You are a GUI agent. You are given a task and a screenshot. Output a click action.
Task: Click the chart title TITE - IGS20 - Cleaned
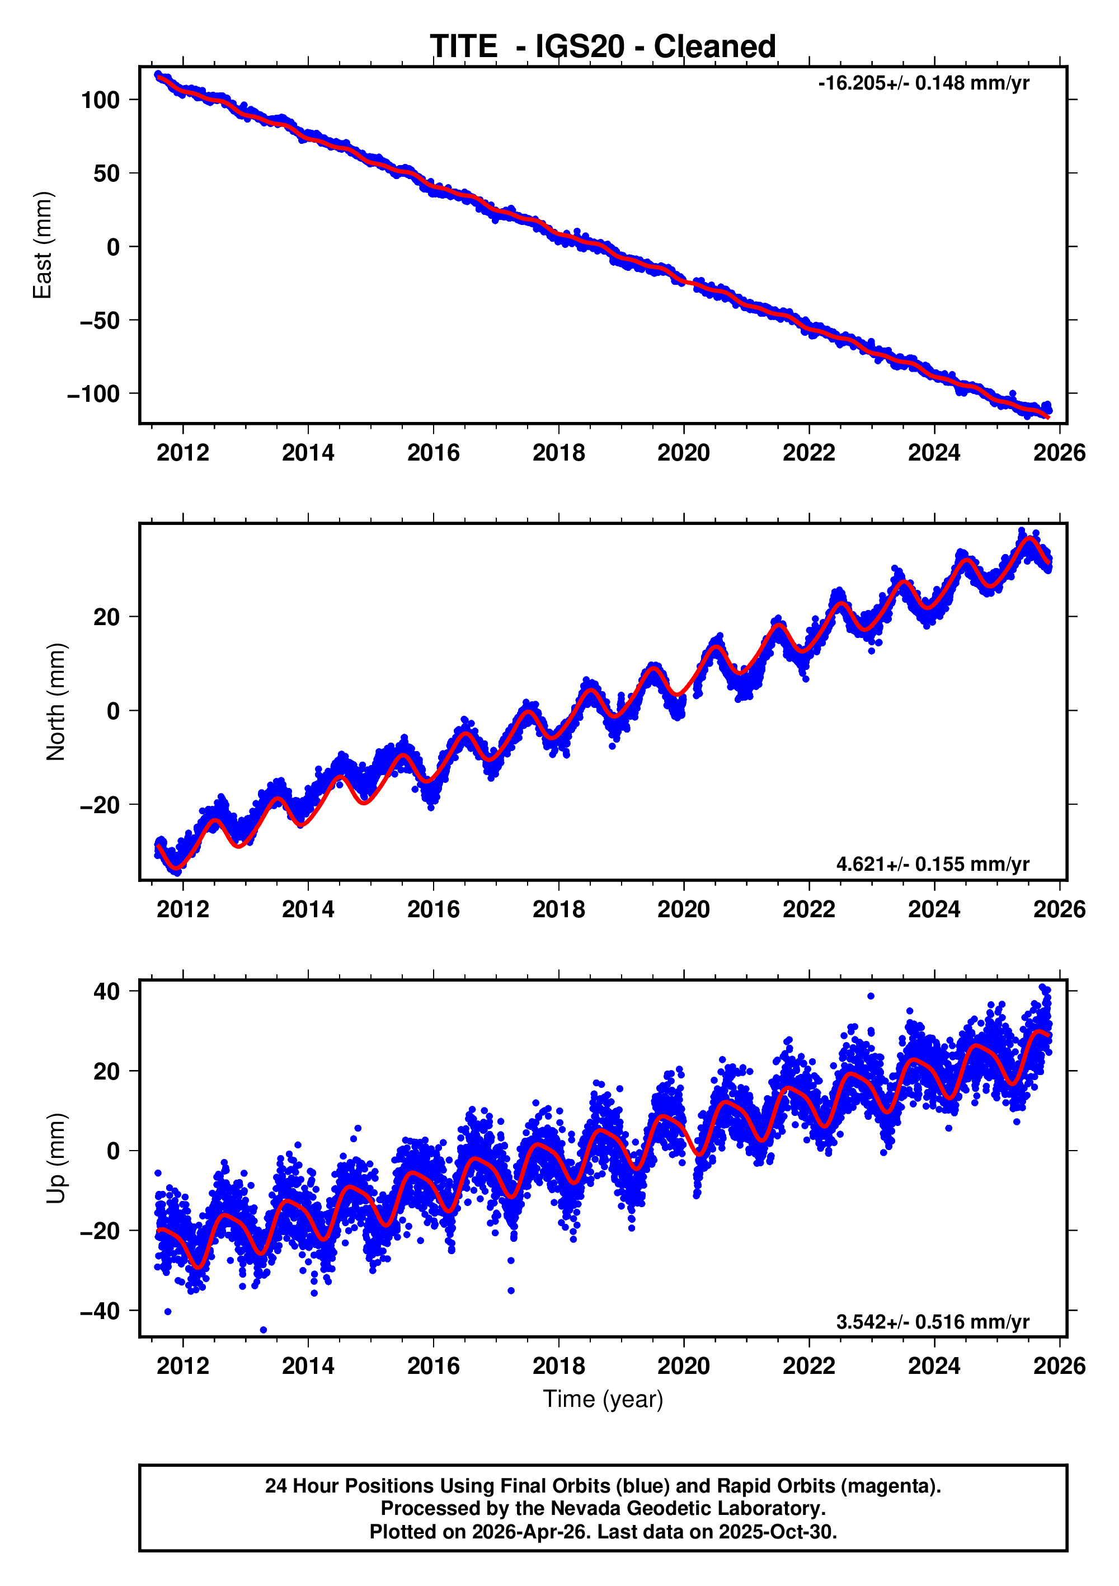[603, 47]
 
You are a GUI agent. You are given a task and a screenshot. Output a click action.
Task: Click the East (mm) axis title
[43, 245]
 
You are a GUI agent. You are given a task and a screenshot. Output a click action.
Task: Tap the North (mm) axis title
[55, 702]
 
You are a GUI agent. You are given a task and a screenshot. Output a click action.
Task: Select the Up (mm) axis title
[55, 1158]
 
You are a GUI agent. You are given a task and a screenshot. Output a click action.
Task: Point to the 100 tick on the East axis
[101, 100]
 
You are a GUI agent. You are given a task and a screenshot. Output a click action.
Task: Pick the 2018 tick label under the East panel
[558, 453]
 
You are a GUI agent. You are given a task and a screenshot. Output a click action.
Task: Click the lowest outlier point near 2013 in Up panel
[263, 1330]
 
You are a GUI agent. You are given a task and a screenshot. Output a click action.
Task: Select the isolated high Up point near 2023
[871, 996]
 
